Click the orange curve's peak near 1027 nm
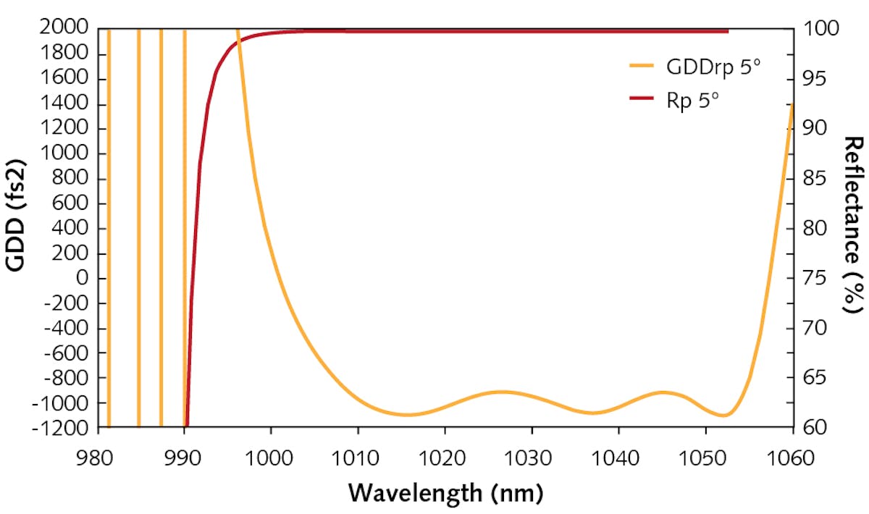coord(502,392)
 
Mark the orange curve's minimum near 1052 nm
coord(723,416)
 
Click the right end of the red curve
coord(727,31)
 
